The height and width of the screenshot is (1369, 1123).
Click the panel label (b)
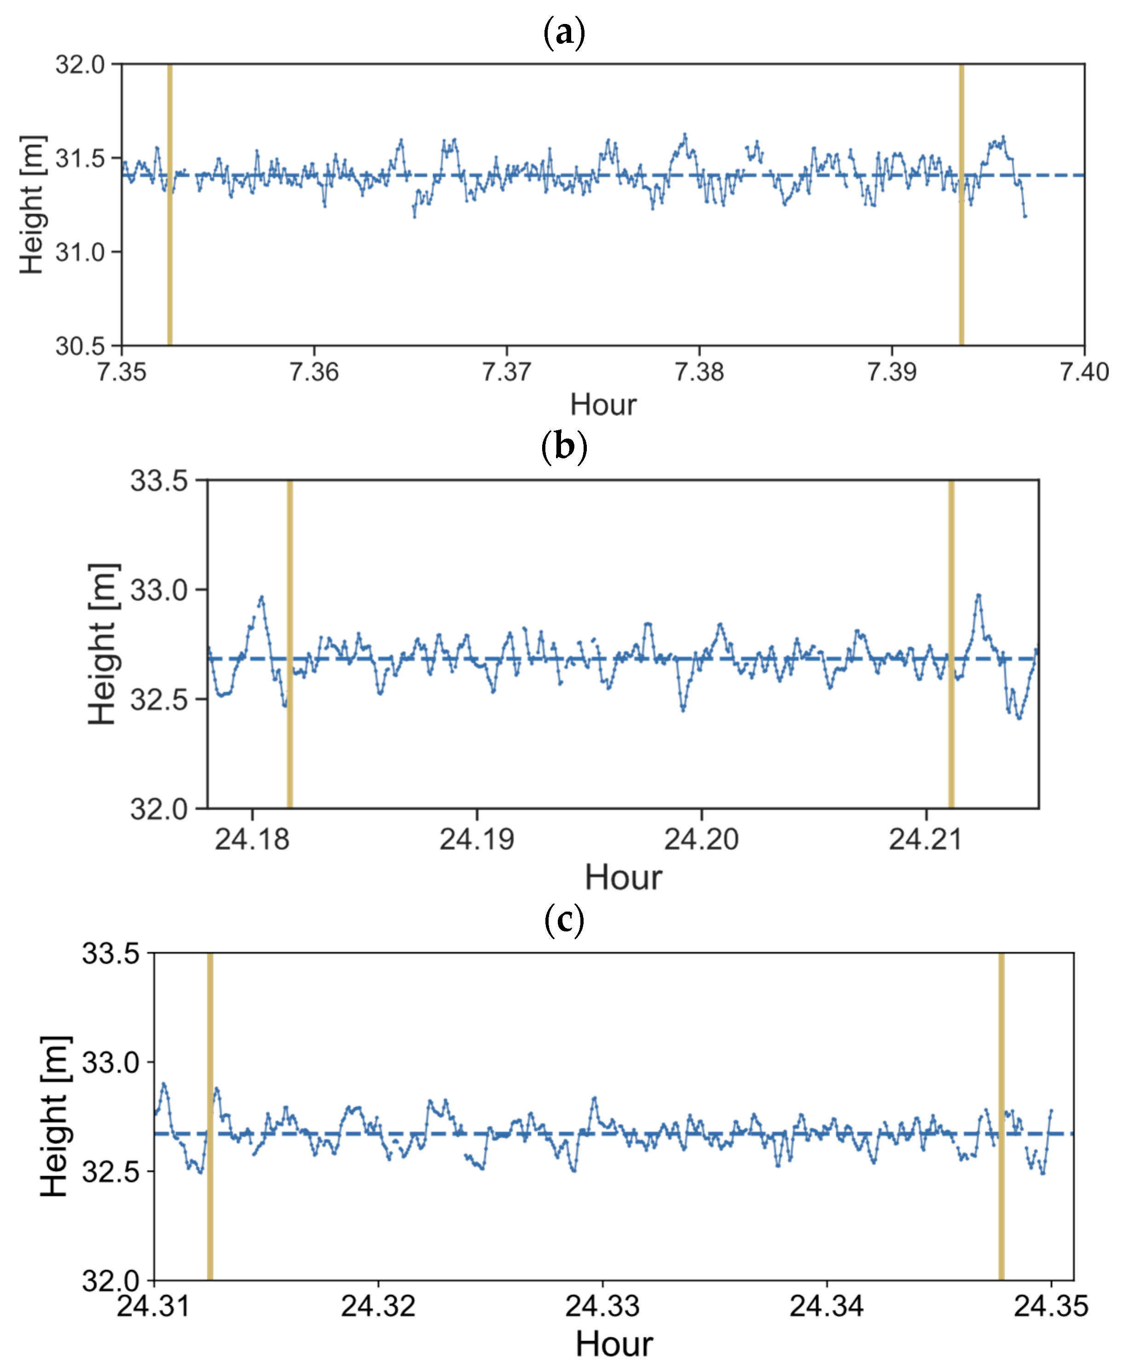click(564, 447)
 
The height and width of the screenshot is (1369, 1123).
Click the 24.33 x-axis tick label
click(602, 1305)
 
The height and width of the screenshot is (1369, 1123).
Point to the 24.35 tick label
click(1051, 1305)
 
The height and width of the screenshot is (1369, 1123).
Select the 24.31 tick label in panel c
click(154, 1305)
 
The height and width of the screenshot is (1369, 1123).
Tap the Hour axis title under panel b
click(623, 878)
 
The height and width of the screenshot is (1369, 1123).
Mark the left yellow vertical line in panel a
click(169, 205)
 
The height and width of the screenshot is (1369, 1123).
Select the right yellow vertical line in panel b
click(951, 644)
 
